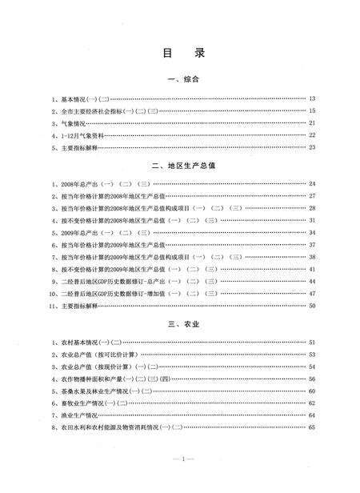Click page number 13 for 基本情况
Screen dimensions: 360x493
point(313,98)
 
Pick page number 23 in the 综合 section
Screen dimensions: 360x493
point(313,147)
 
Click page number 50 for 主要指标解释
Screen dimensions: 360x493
point(313,306)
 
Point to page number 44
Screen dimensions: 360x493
point(313,282)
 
